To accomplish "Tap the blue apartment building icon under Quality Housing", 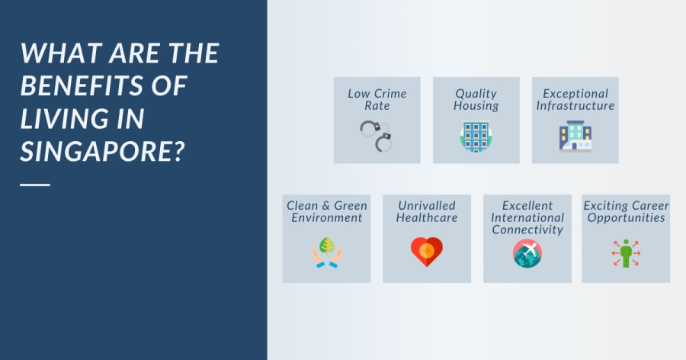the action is click(476, 137).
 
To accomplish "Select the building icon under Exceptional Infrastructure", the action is click(575, 137).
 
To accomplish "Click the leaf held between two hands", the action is click(327, 246).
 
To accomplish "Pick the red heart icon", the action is click(427, 252).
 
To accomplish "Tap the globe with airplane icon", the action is click(527, 253).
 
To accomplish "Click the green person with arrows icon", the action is click(626, 252).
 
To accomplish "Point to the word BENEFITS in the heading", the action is click(82, 85).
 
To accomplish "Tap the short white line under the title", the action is click(35, 185).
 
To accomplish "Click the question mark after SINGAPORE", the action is click(180, 152).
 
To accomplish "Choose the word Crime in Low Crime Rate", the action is click(390, 94).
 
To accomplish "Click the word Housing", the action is click(476, 106).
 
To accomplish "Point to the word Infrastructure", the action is click(575, 105).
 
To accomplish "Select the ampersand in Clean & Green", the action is click(326, 206).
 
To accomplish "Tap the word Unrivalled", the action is click(427, 205).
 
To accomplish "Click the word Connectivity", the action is click(527, 230).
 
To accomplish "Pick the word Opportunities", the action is click(626, 217).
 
